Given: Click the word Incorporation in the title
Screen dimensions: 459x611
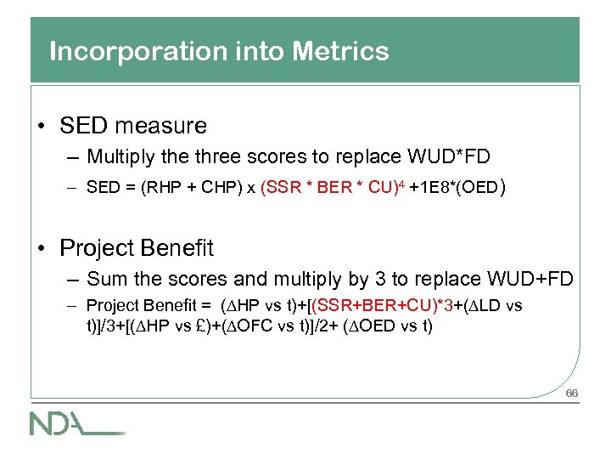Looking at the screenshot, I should pyautogui.click(x=124, y=52).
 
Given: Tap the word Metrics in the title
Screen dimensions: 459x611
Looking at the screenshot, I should pyautogui.click(x=339, y=52).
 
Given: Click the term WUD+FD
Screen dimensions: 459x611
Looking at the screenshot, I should pyautogui.click(x=530, y=279).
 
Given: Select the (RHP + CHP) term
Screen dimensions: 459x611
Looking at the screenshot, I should pyautogui.click(x=194, y=188).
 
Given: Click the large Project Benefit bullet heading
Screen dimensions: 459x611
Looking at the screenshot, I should pyautogui.click(x=137, y=248).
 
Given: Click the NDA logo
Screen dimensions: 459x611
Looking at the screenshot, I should pyautogui.click(x=77, y=422).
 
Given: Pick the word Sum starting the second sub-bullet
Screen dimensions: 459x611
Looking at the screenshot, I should pyautogui.click(x=104, y=279).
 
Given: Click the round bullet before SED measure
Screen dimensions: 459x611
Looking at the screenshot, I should pyautogui.click(x=42, y=127).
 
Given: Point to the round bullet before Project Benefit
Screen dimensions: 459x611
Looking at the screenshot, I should pyautogui.click(x=42, y=249).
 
